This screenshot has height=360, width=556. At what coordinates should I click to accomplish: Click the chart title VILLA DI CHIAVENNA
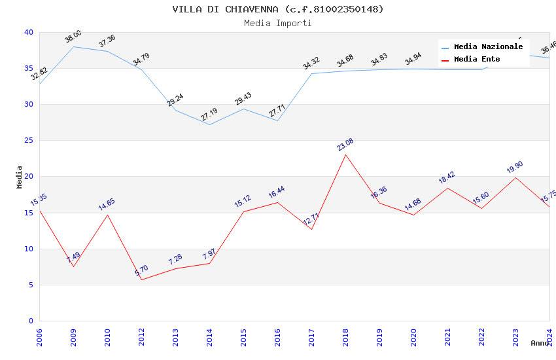[277, 9]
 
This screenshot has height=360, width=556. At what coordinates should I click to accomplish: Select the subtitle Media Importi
[277, 23]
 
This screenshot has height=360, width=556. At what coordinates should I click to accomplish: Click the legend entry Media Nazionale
[488, 47]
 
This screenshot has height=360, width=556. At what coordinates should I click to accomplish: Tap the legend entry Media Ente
[477, 60]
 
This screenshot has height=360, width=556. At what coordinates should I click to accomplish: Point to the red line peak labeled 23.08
[345, 154]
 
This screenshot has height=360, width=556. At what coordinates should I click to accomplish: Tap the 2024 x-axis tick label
[549, 334]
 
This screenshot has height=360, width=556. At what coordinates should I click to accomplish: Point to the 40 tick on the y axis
[28, 32]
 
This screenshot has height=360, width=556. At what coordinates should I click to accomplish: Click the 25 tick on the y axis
[28, 141]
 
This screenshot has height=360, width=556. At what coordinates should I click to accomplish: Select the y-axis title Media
[19, 177]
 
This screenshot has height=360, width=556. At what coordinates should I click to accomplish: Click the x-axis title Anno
[540, 343]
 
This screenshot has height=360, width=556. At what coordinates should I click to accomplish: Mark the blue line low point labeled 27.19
[209, 124]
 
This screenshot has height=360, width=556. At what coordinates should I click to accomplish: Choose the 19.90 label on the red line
[515, 168]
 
